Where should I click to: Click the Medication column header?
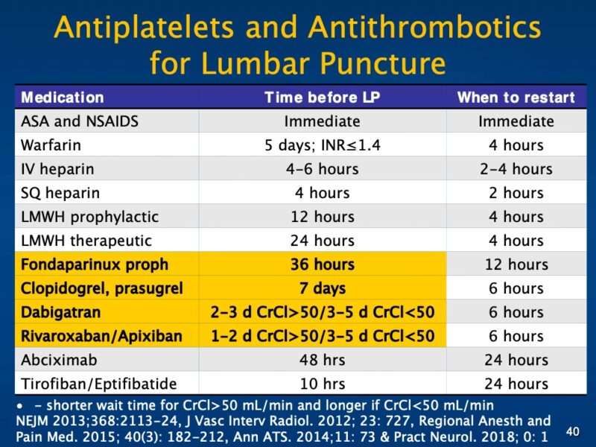click(63, 98)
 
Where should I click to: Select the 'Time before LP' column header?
click(322, 98)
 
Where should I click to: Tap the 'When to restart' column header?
click(516, 98)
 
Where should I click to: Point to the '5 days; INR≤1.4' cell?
click(322, 145)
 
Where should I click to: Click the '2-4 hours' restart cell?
click(516, 169)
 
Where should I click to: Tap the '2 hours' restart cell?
click(516, 193)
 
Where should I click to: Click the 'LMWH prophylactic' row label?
click(89, 217)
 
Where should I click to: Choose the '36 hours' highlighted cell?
click(322, 264)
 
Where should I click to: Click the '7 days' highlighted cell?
click(322, 288)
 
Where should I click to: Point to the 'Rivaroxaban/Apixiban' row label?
click(101, 336)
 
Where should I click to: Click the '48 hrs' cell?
click(322, 360)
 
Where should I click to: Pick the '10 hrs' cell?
click(322, 384)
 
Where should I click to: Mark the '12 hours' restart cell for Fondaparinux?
click(516, 264)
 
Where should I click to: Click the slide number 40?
click(572, 431)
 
